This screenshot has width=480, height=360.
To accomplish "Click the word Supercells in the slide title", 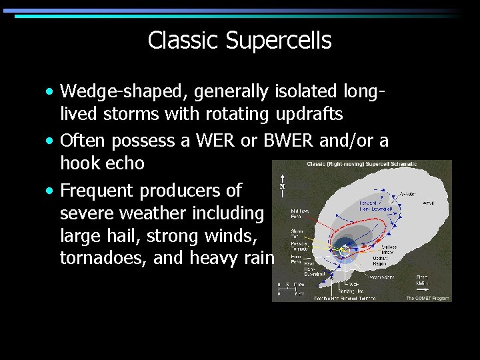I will pyautogui.click(x=279, y=41).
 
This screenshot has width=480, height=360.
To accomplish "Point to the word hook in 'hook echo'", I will pyautogui.click(x=81, y=163).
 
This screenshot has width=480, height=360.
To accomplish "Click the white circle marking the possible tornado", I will pyautogui.click(x=343, y=250).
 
